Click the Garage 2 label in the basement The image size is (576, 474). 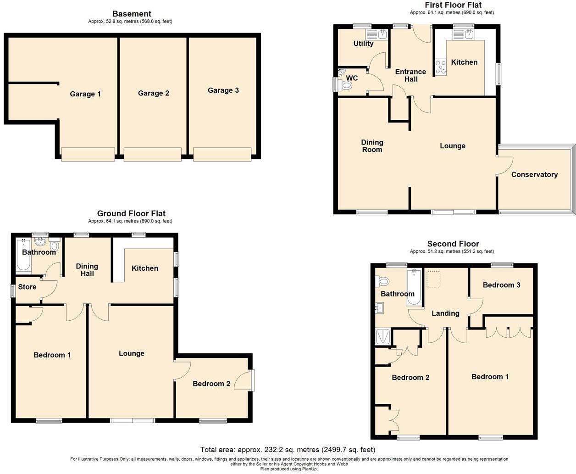153,93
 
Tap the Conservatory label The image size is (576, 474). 534,174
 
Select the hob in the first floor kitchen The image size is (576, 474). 441,67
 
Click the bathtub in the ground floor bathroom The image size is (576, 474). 23,256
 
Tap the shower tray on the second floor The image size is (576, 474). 382,336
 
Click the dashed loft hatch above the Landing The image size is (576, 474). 433,279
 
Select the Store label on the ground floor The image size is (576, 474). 27,287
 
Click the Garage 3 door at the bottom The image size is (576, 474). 222,155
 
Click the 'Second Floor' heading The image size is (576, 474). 453,244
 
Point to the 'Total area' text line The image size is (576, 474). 288,450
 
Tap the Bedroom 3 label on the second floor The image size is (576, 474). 501,285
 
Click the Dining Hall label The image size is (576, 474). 87,270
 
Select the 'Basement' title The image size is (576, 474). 132,14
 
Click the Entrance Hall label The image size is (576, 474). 410,75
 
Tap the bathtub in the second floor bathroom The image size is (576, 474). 414,287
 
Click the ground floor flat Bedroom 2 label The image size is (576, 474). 211,384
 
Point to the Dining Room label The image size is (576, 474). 372,146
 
